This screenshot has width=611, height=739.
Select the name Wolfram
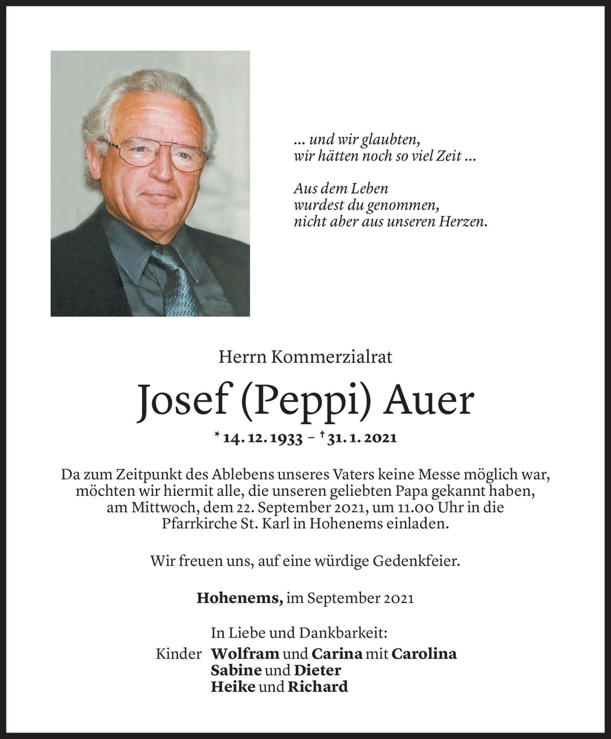(x=245, y=654)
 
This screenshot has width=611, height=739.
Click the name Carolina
(x=424, y=654)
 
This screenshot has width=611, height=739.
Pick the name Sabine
(x=236, y=670)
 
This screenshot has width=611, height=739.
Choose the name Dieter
(x=317, y=670)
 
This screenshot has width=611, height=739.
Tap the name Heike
(x=233, y=686)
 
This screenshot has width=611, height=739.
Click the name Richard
(x=317, y=686)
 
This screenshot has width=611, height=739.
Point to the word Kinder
(x=179, y=654)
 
